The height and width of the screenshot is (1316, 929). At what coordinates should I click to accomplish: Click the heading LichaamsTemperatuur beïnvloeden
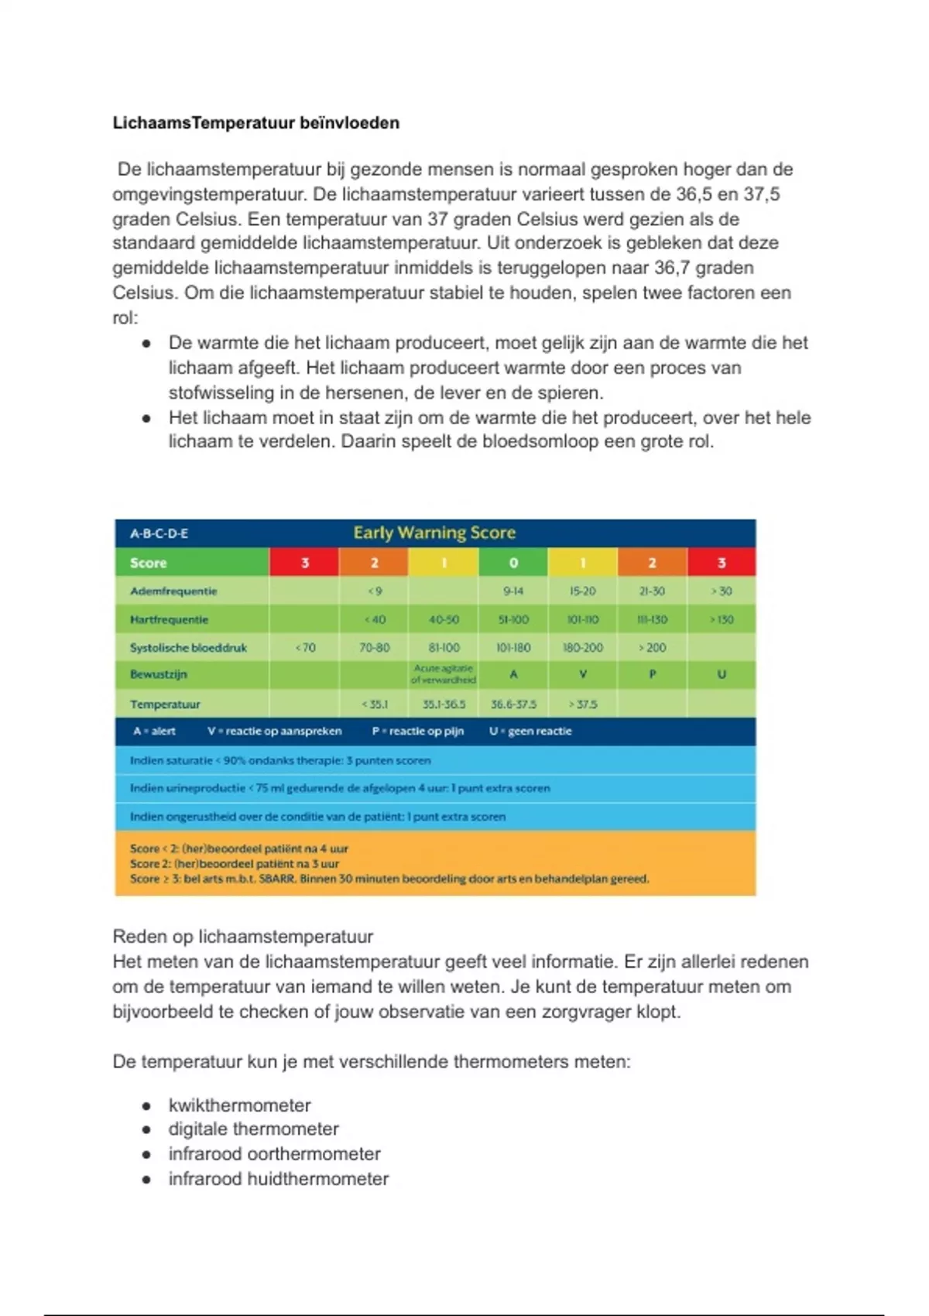(255, 123)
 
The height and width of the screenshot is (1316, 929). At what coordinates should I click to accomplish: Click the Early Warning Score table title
(434, 533)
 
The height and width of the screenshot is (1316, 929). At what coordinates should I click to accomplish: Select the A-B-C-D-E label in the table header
(159, 533)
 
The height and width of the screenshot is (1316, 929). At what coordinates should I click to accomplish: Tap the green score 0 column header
(512, 563)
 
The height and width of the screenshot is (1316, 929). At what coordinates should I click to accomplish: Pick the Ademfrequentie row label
(173, 591)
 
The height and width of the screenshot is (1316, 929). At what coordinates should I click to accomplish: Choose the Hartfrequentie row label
(169, 620)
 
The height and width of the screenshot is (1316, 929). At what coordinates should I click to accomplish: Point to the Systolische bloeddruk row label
(188, 648)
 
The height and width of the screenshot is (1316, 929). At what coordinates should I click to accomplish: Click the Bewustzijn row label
(158, 674)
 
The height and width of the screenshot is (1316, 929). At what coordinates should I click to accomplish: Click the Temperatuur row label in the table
(165, 704)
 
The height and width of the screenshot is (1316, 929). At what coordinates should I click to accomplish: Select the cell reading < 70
(305, 648)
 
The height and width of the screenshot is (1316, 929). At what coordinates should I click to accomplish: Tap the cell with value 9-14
(512, 591)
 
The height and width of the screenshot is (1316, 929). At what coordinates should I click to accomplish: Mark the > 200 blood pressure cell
(652, 648)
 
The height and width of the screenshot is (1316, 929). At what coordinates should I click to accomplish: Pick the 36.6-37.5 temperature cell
(513, 704)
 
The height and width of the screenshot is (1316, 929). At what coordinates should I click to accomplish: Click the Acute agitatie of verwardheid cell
(443, 674)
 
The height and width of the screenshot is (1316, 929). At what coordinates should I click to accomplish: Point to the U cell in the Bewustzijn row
(722, 674)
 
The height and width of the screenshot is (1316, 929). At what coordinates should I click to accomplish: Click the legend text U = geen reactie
(530, 732)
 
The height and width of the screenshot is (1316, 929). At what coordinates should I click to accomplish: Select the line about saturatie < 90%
(280, 760)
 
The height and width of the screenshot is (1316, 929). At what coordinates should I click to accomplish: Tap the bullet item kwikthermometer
(239, 1105)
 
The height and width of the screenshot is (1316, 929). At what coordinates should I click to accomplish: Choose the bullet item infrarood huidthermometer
(278, 1179)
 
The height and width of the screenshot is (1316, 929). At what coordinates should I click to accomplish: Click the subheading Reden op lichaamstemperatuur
(242, 937)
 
